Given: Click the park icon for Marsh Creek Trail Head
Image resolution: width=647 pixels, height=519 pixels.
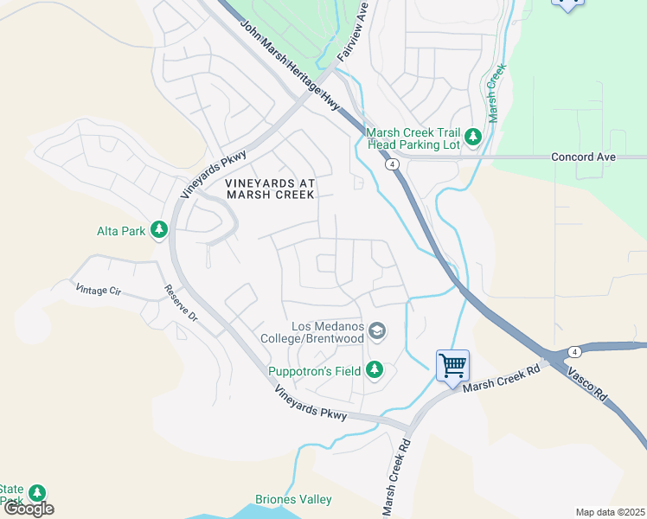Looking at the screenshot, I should tap(473, 137).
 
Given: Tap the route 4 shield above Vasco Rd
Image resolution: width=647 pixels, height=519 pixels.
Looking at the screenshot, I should tap(574, 350).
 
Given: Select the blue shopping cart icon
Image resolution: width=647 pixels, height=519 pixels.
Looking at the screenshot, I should tap(452, 365).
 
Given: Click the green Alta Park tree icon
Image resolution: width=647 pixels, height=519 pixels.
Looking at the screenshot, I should tap(158, 229).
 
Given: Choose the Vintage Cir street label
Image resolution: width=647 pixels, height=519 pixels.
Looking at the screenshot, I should tap(99, 290).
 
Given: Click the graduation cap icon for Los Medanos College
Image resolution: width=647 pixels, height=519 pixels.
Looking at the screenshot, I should tap(376, 330).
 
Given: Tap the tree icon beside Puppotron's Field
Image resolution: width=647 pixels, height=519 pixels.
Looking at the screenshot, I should tap(375, 370).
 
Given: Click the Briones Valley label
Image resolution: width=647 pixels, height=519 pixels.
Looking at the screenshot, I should tap(293, 499).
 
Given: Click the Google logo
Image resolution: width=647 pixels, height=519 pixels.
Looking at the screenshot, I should tap(29, 508).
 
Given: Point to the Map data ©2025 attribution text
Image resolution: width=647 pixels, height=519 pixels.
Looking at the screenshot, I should tap(610, 512).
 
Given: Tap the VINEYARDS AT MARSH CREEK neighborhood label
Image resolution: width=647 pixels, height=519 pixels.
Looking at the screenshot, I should tap(270, 189).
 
